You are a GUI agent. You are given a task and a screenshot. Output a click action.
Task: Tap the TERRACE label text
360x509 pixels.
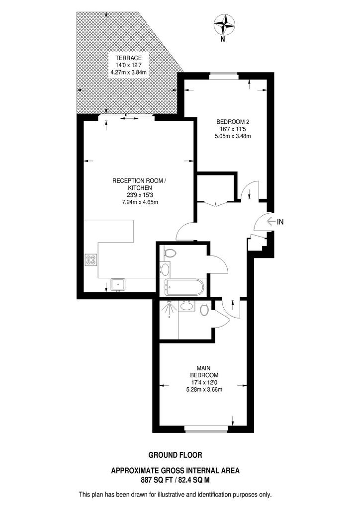pos(125,58)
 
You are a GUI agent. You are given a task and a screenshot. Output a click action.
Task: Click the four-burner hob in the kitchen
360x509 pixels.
pos(91,259)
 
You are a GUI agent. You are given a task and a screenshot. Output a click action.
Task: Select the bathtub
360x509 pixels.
pos(182,286)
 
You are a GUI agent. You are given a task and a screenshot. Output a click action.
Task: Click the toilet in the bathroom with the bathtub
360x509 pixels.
pos(169,253)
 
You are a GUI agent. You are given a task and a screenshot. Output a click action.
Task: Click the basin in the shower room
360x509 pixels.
pos(187,306)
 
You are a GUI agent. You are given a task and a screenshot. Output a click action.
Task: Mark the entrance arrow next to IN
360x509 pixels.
pos(270,222)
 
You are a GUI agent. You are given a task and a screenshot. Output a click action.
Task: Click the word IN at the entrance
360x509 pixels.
pos(280,222)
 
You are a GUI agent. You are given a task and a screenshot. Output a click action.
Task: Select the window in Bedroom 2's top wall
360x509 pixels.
pos(224,75)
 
